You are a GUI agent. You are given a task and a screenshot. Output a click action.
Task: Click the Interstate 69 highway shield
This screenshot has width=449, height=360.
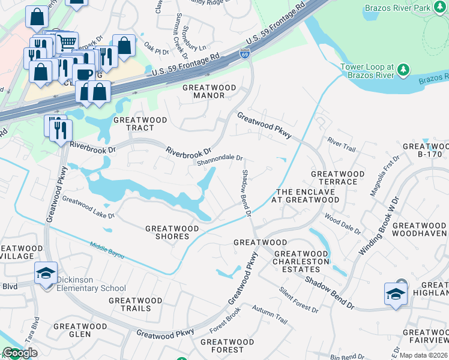pos(245,54)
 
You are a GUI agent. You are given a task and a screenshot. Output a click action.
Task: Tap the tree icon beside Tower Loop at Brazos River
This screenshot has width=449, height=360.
pos(403,70)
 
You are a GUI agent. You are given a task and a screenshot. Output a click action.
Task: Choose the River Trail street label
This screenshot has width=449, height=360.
pos(342,142)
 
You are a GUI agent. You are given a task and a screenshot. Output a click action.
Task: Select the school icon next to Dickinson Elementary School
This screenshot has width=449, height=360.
pos(46,274)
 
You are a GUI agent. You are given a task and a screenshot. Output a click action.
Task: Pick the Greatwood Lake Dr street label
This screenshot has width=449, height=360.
pos(88,208)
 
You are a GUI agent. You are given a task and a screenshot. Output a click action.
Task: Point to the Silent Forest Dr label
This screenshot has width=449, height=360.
pos(298,299)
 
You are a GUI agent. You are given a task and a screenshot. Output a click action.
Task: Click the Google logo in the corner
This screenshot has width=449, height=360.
pos(19,353)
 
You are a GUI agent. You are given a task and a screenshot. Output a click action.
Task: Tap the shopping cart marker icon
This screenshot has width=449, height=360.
pos(67,42)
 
